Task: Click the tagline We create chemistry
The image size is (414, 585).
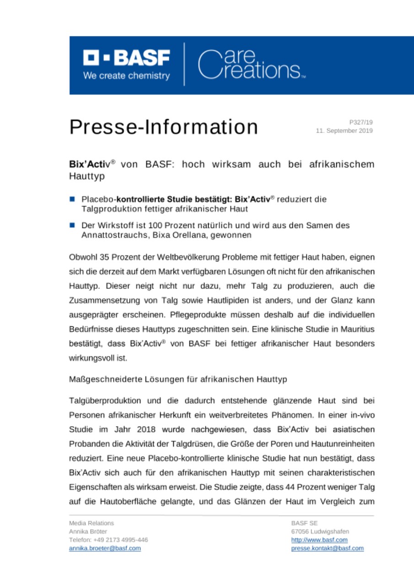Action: coord(126,76)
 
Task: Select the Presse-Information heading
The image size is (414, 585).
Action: coord(163,127)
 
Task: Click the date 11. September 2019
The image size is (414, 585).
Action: coord(344,131)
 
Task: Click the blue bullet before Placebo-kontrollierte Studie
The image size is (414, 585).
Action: coord(72,199)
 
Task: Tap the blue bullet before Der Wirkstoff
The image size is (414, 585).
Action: coord(72,226)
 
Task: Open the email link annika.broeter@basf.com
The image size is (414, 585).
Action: coord(105,548)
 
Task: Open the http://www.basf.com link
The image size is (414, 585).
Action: coord(319,540)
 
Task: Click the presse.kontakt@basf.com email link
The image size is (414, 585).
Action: coord(328,548)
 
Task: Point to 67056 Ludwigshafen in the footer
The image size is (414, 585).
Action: coord(320,531)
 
